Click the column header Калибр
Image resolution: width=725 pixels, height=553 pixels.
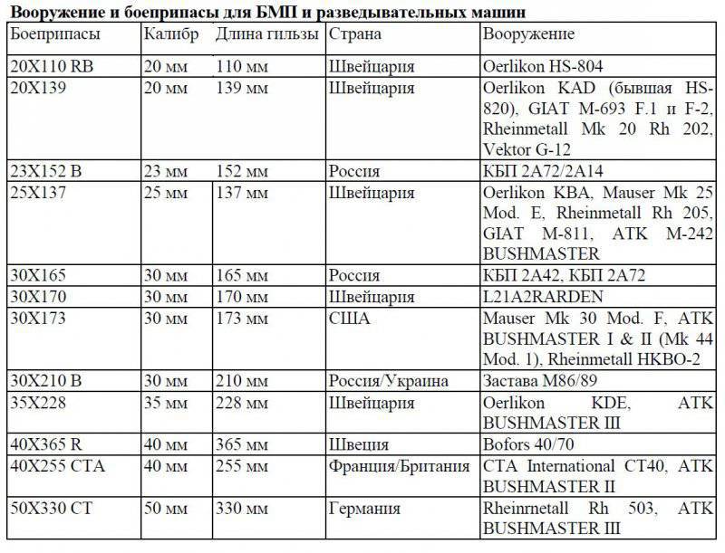point(171,33)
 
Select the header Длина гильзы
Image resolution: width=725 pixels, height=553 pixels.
point(267,34)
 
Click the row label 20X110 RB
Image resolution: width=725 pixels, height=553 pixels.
point(50,67)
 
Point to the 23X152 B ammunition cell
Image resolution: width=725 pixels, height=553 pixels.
point(45,171)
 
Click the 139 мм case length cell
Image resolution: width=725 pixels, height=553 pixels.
point(242,89)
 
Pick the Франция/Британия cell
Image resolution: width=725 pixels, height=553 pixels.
point(399,466)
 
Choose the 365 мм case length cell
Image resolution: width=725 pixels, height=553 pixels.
point(242,444)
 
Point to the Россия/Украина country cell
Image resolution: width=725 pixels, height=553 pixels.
point(385,381)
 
